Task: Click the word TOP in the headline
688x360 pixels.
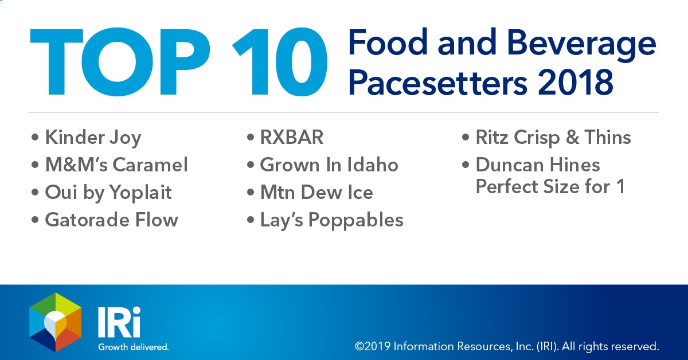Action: [x=120, y=62]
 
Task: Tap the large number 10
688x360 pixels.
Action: [x=280, y=62]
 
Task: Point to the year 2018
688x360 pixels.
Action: [x=575, y=83]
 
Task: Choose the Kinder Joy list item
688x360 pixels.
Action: [x=93, y=138]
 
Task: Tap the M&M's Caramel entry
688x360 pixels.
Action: [x=116, y=165]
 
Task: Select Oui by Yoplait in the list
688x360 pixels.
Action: [x=108, y=193]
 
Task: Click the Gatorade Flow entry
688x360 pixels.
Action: [x=111, y=220]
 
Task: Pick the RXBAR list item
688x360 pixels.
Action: [x=292, y=137]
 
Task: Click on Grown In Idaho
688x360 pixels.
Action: [x=329, y=165]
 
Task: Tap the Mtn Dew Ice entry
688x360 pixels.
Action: [x=316, y=192]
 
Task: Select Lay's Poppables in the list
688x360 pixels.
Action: [x=332, y=221]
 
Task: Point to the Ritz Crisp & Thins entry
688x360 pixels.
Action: [x=553, y=138]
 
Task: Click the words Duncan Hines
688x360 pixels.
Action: [x=538, y=165]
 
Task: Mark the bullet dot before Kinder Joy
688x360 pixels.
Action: [x=35, y=137]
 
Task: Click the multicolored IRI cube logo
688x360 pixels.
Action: [x=55, y=322]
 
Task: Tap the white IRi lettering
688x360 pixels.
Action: [x=119, y=322]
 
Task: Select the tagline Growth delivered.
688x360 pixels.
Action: [x=133, y=347]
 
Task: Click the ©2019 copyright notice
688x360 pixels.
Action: [x=507, y=346]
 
